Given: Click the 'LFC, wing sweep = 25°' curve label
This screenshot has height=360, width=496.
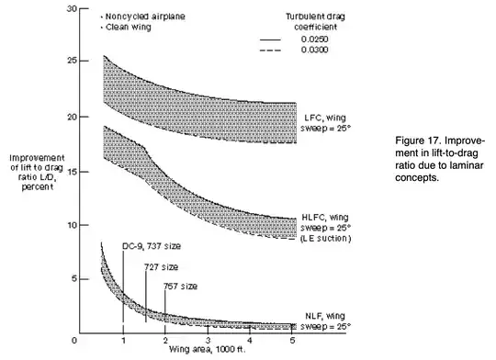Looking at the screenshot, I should click(322, 123).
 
